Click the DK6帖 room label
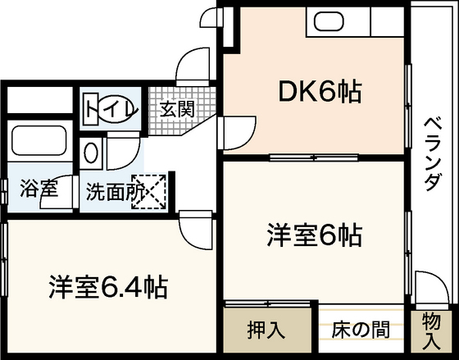tap(320, 92)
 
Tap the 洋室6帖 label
tap(315, 235)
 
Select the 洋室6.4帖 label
tap(108, 286)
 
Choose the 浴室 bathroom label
tap(39, 188)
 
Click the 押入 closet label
tap(266, 330)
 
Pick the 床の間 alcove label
tap(361, 330)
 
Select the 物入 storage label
tap(431, 331)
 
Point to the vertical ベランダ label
tap(432, 154)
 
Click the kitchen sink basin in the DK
tap(329, 21)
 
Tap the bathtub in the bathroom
tap(39, 140)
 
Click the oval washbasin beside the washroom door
tap(91, 153)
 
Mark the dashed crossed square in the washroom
tap(148, 192)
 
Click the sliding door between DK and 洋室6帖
tap(314, 157)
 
